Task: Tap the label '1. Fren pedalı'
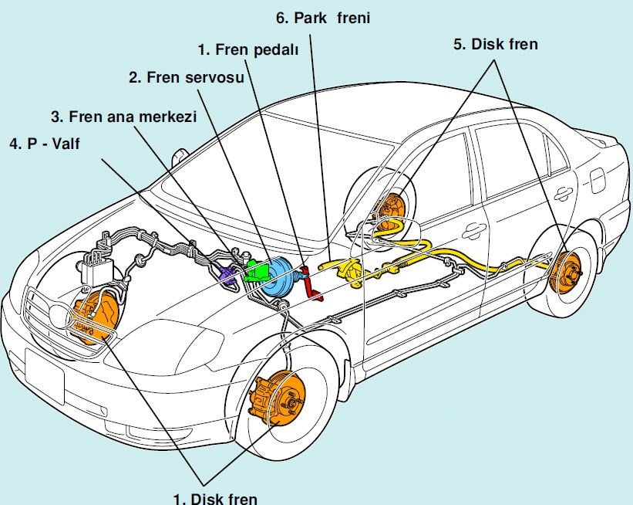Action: pos(246,52)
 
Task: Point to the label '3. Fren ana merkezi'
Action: pos(124,117)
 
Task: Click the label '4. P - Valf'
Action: pos(44,144)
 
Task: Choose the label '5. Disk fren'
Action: pos(495,44)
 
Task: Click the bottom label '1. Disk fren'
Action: pos(215,497)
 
